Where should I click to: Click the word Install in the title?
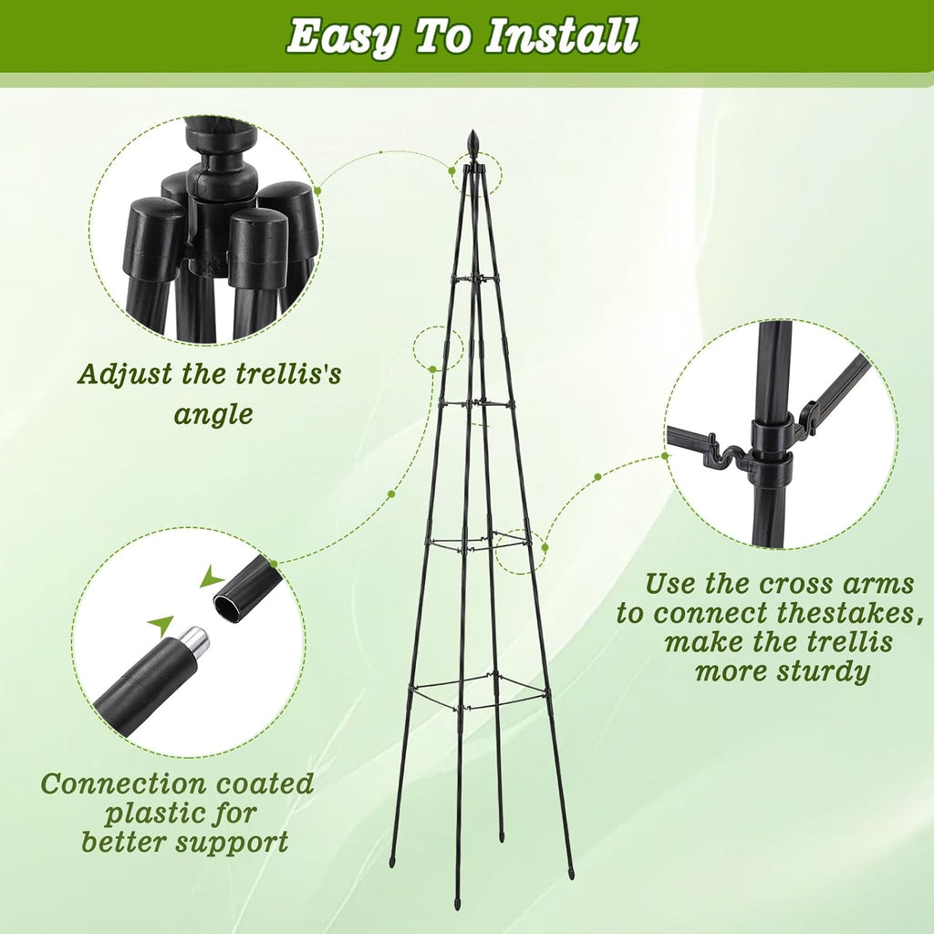pos(561,36)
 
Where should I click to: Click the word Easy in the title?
pos(343,36)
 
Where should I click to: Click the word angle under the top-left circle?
pos(213,415)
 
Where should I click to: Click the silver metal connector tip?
pos(192,644)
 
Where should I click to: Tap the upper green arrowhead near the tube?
pos(212,576)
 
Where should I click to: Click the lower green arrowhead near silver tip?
pos(161,625)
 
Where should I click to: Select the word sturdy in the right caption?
pos(821,672)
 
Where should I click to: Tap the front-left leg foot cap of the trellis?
pos(393,860)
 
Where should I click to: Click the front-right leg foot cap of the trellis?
pos(571,873)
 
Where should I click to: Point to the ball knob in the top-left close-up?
pos(220,138)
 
